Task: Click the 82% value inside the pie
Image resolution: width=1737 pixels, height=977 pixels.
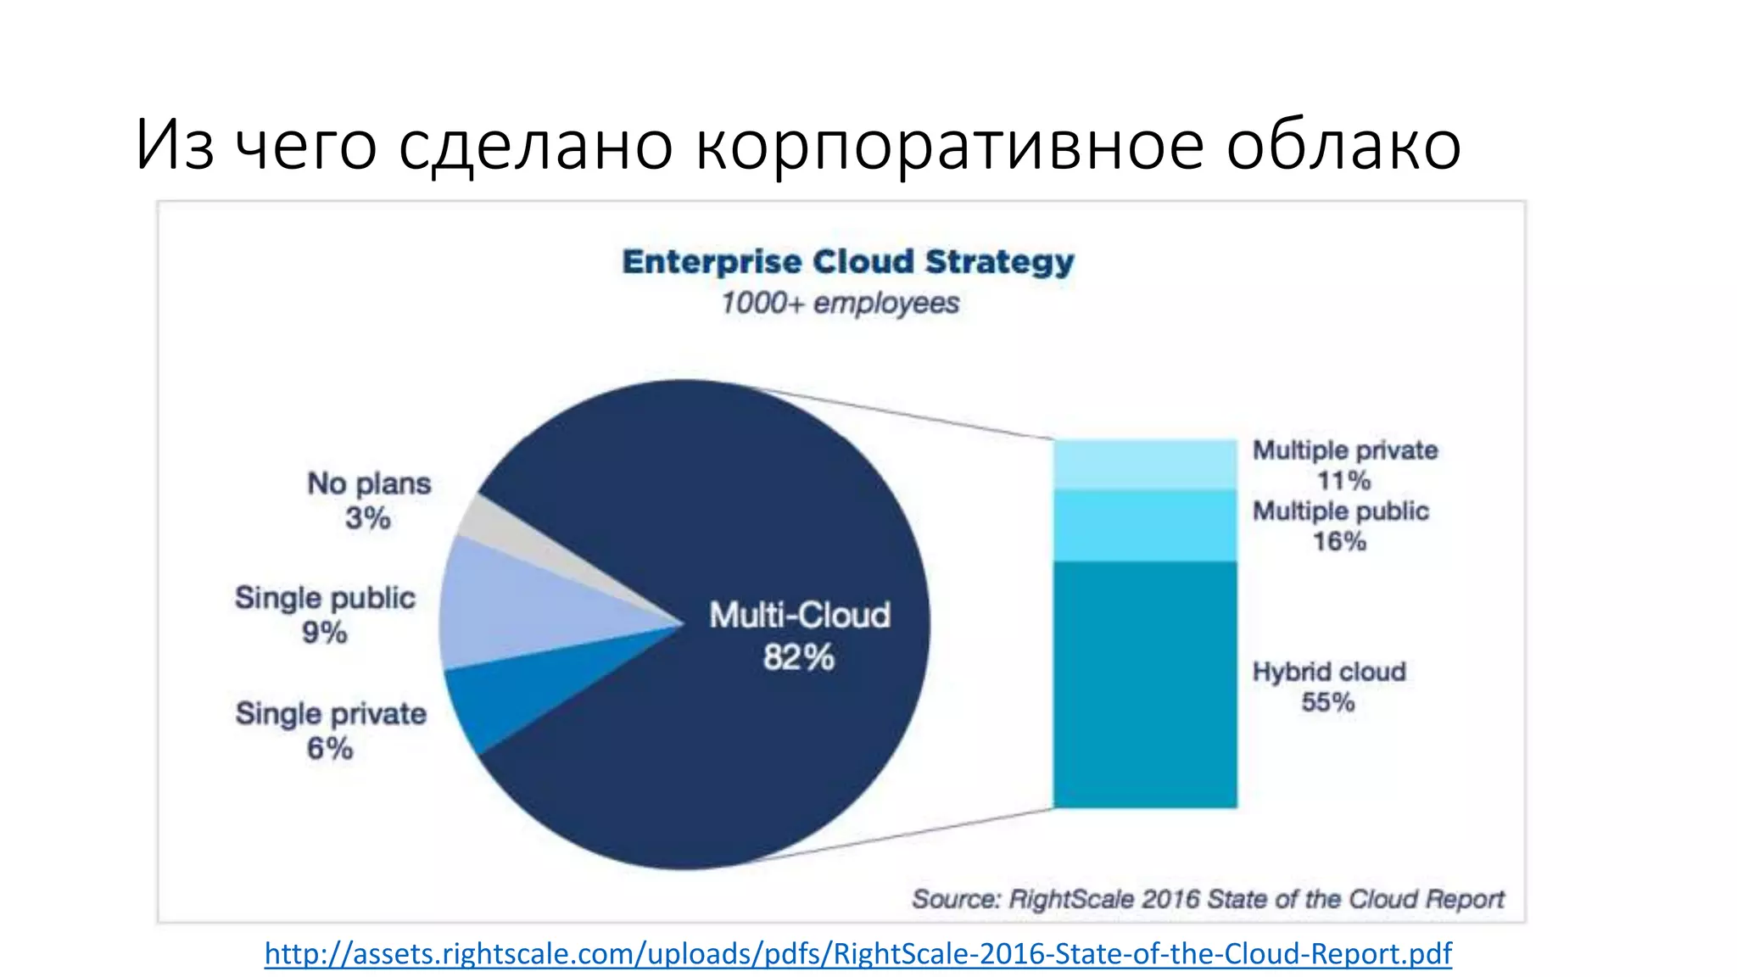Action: pos(798,657)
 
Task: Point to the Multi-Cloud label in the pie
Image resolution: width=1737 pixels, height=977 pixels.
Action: pos(800,615)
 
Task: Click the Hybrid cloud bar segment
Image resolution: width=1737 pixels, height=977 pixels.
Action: pos(1145,684)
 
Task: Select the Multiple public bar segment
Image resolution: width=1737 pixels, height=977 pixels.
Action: pos(1145,525)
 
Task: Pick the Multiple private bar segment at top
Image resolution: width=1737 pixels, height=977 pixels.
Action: pos(1145,464)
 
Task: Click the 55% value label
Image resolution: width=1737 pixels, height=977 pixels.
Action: pos(1327,702)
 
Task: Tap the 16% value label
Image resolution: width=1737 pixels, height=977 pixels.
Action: pos(1339,541)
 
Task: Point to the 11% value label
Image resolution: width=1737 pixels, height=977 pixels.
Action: pos(1343,480)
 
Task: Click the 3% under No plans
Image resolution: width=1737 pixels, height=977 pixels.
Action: pos(367,517)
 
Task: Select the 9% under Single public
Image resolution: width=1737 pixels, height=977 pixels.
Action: pos(324,632)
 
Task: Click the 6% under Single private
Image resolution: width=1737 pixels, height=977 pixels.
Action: pos(329,748)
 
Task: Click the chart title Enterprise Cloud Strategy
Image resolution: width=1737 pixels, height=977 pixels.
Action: pos(848,261)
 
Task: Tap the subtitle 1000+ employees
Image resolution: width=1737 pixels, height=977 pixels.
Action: pos(840,303)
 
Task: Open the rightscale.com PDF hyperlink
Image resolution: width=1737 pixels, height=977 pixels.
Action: pos(857,953)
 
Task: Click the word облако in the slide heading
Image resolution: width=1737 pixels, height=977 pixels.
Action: pos(1343,144)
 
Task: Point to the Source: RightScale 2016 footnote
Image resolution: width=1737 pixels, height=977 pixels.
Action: pos(1207,899)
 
